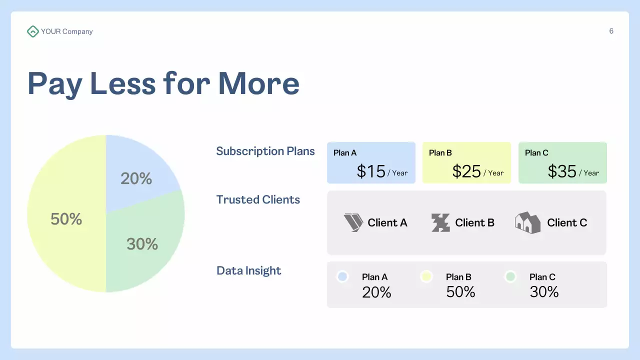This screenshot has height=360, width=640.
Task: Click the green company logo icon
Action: (32, 31)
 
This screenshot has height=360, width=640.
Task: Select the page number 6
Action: (611, 31)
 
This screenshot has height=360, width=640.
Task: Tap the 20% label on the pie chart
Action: (136, 178)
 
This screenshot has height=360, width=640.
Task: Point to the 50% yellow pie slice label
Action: (66, 219)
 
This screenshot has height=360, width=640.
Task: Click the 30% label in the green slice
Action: (142, 244)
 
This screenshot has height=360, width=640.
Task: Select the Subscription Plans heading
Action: (265, 151)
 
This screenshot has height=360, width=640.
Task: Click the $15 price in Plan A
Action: (371, 171)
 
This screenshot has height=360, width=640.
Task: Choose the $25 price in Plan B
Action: (466, 171)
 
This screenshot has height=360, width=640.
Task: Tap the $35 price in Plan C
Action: (562, 171)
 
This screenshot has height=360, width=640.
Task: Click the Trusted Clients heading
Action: (258, 199)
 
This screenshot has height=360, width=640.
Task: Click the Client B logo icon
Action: (440, 222)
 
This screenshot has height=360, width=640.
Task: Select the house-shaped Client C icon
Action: (527, 222)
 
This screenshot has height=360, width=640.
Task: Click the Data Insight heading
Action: (248, 270)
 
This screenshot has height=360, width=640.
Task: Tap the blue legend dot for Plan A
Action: (342, 276)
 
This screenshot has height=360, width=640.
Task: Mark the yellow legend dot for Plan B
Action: (426, 276)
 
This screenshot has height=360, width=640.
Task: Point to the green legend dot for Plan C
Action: (510, 276)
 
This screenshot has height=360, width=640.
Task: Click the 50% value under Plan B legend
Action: (460, 292)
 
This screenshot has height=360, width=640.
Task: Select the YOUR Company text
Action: (67, 31)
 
